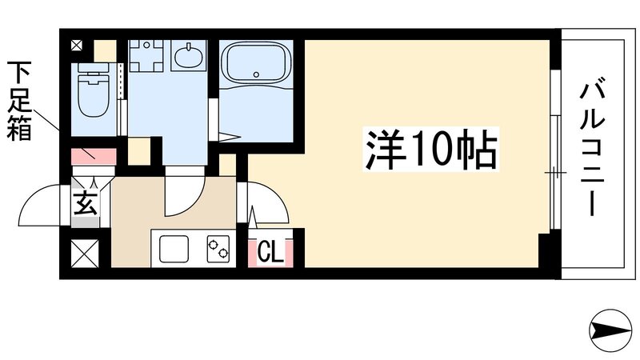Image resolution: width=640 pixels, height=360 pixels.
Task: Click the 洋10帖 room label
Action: click(431, 148)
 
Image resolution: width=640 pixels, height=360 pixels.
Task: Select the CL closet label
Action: click(270, 254)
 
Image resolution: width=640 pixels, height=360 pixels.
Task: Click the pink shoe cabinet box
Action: click(94, 154)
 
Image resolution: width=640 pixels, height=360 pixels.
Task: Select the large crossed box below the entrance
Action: click(85, 254)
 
